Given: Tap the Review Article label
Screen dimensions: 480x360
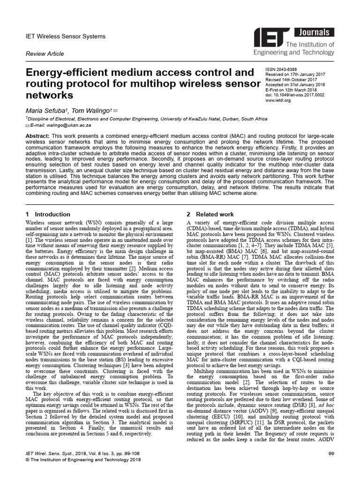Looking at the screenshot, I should pyautogui.click(x=44, y=54).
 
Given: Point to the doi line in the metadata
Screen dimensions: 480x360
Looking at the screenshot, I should pyautogui.click(x=294, y=95).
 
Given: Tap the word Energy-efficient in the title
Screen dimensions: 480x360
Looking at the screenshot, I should pyautogui.click(x=66, y=74).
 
